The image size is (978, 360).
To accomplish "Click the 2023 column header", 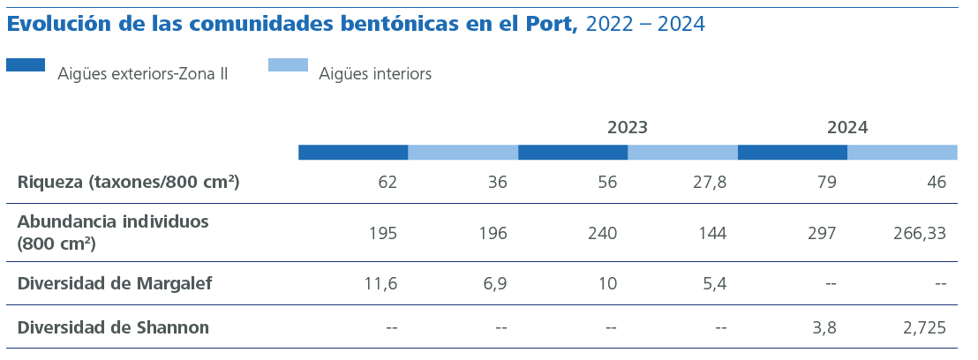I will (x=627, y=128).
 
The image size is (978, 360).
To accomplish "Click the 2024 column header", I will (x=846, y=128).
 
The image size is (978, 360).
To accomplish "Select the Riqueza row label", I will (x=129, y=183).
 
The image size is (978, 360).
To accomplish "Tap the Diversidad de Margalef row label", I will (x=115, y=283).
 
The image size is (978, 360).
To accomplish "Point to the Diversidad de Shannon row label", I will (x=113, y=327).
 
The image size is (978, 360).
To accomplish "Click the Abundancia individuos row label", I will (x=113, y=232).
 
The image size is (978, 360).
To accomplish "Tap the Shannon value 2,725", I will (x=924, y=327).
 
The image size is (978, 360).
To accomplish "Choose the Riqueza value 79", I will (x=826, y=183).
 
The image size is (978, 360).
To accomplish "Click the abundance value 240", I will (x=603, y=233).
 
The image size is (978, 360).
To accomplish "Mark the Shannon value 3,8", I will (x=824, y=327).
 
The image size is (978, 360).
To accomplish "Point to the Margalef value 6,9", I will (x=495, y=283).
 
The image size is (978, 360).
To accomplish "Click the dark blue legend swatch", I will (x=26, y=64).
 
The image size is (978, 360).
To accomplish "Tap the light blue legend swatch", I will (x=288, y=64).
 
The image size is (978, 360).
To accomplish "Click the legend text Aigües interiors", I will (x=375, y=74).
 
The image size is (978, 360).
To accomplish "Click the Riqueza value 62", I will (x=387, y=183).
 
